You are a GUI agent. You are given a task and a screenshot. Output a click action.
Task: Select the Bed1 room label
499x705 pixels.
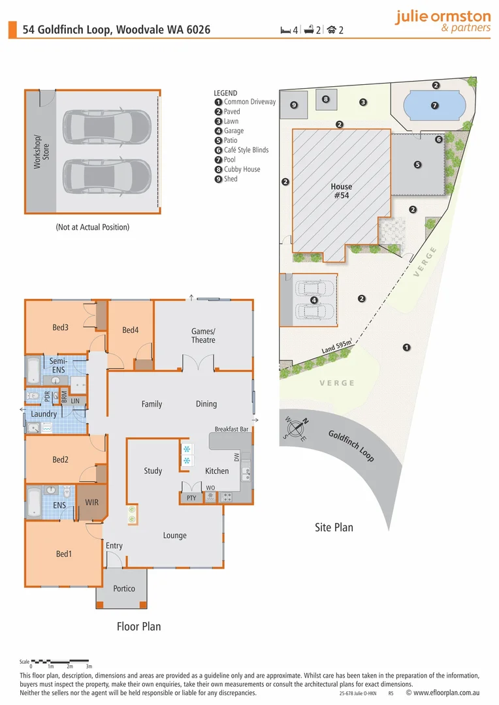(63, 554)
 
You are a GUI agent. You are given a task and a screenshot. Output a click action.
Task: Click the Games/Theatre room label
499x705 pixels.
(203, 336)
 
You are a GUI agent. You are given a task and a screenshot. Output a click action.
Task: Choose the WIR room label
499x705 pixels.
(92, 503)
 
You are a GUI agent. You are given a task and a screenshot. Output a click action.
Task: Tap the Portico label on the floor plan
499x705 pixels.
(123, 588)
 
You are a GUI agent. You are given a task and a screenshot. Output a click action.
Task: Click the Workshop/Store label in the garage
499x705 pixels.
(41, 151)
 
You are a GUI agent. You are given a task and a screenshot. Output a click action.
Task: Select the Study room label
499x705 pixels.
(153, 471)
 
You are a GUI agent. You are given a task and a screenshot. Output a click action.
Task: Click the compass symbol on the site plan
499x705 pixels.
(296, 428)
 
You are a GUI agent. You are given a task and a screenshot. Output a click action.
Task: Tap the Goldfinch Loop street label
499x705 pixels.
(351, 446)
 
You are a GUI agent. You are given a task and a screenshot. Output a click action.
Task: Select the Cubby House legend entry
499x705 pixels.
(242, 169)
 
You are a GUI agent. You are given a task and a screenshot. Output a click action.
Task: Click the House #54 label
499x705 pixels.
(340, 191)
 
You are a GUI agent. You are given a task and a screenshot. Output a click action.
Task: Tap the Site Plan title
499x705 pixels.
(334, 527)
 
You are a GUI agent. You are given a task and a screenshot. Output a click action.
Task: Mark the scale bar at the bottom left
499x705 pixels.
(60, 661)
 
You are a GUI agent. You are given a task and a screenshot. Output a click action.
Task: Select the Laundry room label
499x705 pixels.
(44, 414)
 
